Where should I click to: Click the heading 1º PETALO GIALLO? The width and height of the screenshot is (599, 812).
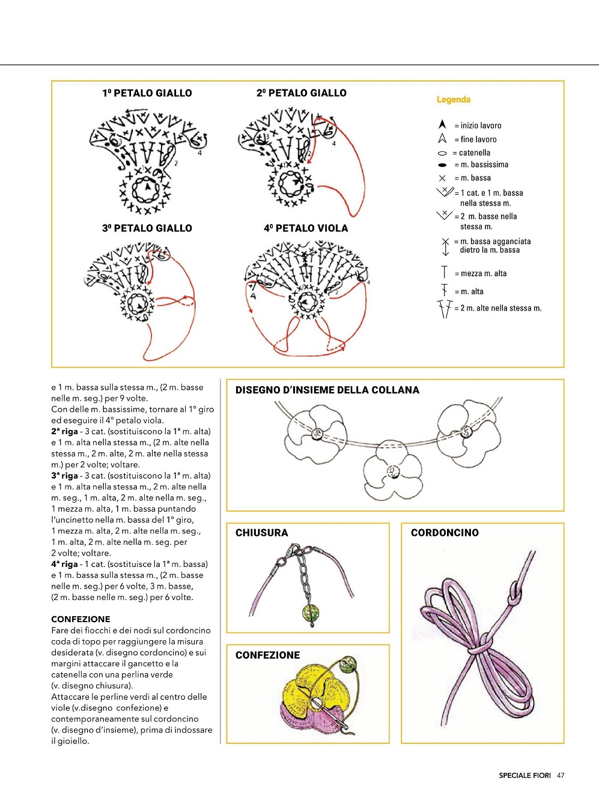147,93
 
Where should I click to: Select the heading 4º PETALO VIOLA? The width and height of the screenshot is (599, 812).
306,228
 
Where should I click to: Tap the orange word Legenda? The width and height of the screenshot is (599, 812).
454,100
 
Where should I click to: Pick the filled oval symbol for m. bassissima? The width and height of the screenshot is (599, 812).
443,165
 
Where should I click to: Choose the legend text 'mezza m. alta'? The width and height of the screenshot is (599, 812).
483,273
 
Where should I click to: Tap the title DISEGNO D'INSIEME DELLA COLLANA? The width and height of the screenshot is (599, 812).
327,390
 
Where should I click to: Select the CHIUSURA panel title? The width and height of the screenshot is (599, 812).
261,533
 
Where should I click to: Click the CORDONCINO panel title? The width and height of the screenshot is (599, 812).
445,533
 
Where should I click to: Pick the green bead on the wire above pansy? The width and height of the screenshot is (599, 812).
348,665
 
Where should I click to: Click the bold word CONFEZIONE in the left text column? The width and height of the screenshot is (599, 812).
81,619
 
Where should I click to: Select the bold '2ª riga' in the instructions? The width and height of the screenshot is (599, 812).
65,431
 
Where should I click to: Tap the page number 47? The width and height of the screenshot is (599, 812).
561,775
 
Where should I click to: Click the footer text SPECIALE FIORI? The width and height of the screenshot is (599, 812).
525,775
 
